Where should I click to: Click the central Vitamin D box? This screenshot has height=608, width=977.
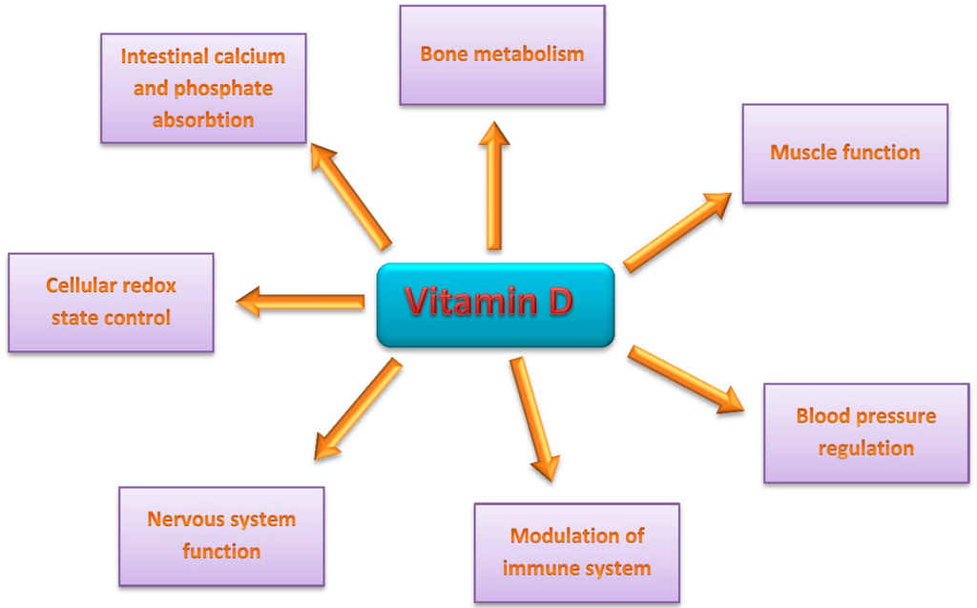(x=494, y=304)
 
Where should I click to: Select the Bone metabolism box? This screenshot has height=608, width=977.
(x=502, y=55)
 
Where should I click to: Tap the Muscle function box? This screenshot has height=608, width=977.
(x=844, y=154)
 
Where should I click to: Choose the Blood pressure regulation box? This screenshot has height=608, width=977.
(x=866, y=432)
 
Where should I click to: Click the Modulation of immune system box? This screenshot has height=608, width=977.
(x=576, y=553)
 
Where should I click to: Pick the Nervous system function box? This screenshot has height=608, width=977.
(x=221, y=535)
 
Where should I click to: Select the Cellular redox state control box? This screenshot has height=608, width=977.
(x=111, y=303)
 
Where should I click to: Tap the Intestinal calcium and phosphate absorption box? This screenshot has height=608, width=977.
(x=203, y=89)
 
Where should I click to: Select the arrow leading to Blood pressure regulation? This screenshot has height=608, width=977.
(x=685, y=379)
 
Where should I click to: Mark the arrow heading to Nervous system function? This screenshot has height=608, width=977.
(x=358, y=409)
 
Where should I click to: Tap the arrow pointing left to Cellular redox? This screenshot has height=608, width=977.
(x=301, y=302)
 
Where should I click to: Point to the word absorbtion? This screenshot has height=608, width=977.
(x=203, y=120)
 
